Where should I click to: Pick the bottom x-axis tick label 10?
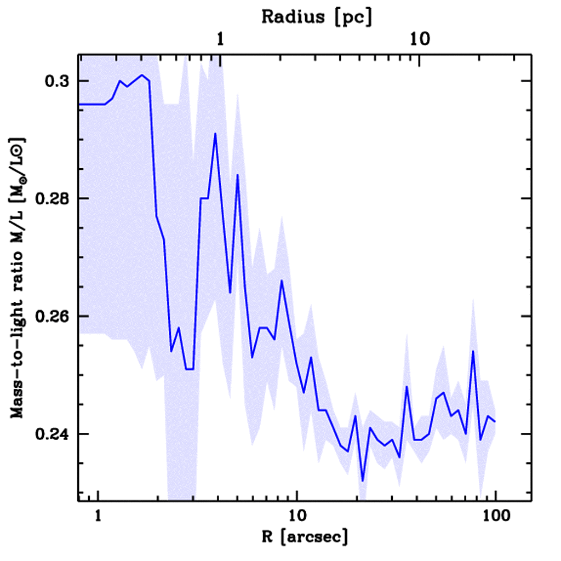pyautogui.click(x=296, y=517)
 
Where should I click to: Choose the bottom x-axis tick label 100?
pyautogui.click(x=495, y=517)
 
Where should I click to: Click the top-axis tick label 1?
pyautogui.click(x=220, y=39)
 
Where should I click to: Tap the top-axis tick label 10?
pyautogui.click(x=419, y=39)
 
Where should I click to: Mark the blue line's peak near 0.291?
pyautogui.click(x=215, y=133)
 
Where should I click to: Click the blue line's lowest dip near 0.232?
pyautogui.click(x=363, y=481)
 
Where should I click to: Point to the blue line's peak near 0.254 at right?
pyautogui.click(x=473, y=351)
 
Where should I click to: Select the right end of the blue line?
pyautogui.click(x=495, y=421)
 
